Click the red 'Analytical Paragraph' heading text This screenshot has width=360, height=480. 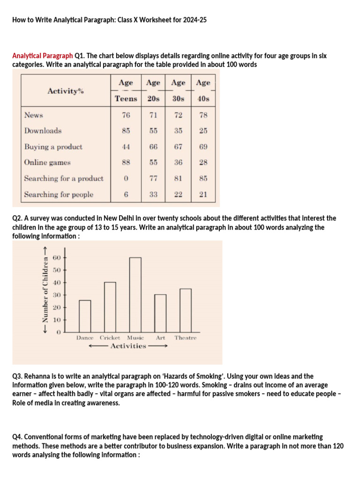[43, 56]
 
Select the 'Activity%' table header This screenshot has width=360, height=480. [66, 91]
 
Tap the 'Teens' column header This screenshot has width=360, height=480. [126, 98]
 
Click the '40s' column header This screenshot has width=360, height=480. [203, 98]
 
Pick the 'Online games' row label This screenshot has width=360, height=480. [47, 163]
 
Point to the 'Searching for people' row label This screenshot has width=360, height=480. [59, 195]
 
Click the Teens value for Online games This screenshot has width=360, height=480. [126, 163]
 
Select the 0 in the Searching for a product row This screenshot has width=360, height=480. [126, 179]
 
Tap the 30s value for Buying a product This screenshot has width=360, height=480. [178, 147]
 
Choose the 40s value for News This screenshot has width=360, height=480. [203, 115]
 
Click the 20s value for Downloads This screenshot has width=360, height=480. [153, 131]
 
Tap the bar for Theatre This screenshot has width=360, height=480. [186, 310]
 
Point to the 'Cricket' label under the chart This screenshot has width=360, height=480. [110, 338]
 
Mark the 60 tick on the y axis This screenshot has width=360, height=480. [57, 258]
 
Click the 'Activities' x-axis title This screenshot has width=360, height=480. [128, 346]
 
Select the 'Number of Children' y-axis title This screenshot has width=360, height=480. [45, 295]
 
